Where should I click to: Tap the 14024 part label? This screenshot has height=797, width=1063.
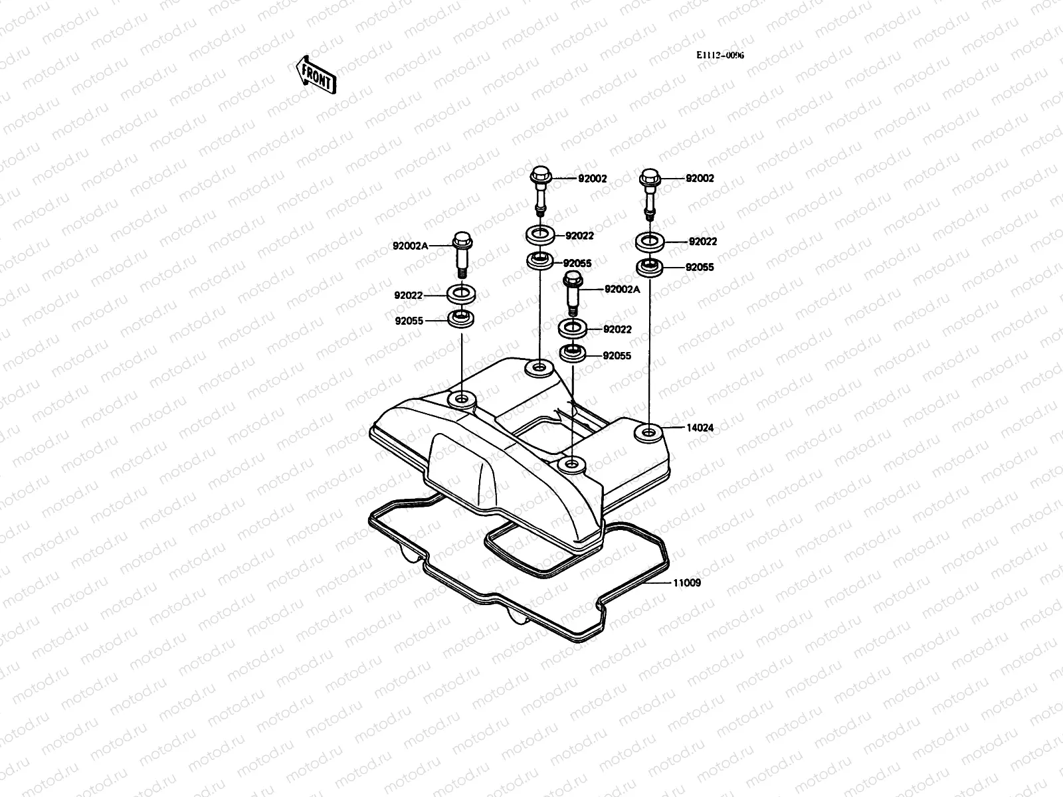700,428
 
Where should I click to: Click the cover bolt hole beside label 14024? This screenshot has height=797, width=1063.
648,433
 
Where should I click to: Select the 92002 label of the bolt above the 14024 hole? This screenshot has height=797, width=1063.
700,179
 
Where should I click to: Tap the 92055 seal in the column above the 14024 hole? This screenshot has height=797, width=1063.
649,268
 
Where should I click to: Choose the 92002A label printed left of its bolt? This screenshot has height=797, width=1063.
411,246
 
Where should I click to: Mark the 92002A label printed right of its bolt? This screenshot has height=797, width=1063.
623,289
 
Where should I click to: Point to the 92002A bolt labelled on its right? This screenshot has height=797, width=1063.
572,293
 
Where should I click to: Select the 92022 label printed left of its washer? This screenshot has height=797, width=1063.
409,295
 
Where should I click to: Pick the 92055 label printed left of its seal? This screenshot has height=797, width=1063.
409,321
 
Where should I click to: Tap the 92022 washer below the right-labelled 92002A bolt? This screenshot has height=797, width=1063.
572,328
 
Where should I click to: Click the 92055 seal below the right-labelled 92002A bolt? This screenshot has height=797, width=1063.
572,353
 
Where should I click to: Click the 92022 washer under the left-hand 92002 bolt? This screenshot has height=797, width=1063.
539,234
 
